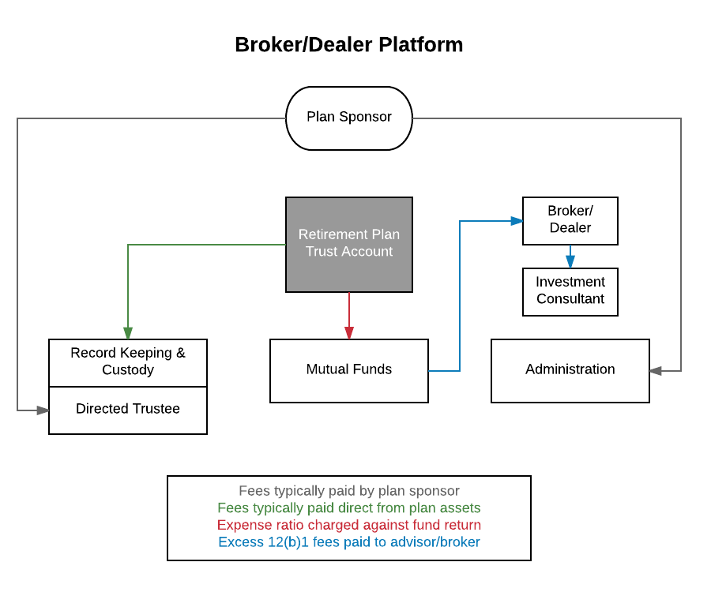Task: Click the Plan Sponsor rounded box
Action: pyautogui.click(x=348, y=118)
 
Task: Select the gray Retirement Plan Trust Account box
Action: pyautogui.click(x=348, y=244)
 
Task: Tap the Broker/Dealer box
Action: pyautogui.click(x=570, y=220)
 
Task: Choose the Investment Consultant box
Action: pyautogui.click(x=570, y=291)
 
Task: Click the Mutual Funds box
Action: pyautogui.click(x=348, y=370)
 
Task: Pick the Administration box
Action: pyautogui.click(x=570, y=370)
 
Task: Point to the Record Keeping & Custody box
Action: pyautogui.click(x=127, y=362)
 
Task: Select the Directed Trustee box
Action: pyautogui.click(x=127, y=410)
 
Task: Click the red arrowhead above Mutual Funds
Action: pyautogui.click(x=348, y=332)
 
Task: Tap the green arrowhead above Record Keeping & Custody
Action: pyautogui.click(x=127, y=332)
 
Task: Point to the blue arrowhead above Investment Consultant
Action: pyautogui.click(x=570, y=261)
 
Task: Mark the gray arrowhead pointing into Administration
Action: pyautogui.click(x=656, y=370)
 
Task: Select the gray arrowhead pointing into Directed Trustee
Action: pyautogui.click(x=42, y=410)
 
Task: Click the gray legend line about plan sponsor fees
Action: pyautogui.click(x=348, y=491)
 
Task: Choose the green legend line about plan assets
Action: pyautogui.click(x=348, y=508)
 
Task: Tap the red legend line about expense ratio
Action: pyautogui.click(x=348, y=525)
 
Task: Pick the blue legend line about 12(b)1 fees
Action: pyautogui.click(x=348, y=542)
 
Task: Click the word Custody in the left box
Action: pyautogui.click(x=128, y=370)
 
